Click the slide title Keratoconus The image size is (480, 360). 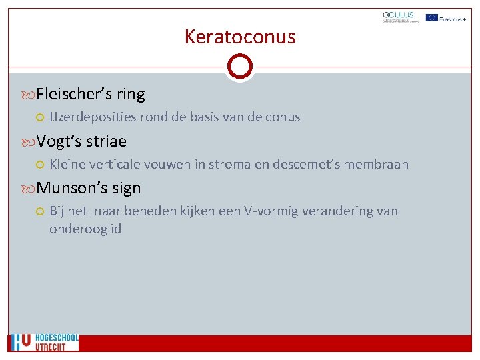(x=240, y=37)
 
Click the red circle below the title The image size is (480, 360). (x=240, y=67)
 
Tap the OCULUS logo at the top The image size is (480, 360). (x=398, y=17)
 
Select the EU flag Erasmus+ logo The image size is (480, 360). (x=445, y=17)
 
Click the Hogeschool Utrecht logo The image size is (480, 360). (x=44, y=342)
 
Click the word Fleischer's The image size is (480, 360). (x=74, y=94)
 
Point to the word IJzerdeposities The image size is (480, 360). (x=93, y=117)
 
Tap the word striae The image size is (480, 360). (x=105, y=141)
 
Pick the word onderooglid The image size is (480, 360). (x=85, y=229)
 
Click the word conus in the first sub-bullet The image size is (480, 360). (x=283, y=117)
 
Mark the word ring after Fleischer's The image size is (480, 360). (x=131, y=94)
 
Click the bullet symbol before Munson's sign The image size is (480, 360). (x=29, y=189)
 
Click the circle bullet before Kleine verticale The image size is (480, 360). (x=40, y=165)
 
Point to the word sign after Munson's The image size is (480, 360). (x=127, y=188)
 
